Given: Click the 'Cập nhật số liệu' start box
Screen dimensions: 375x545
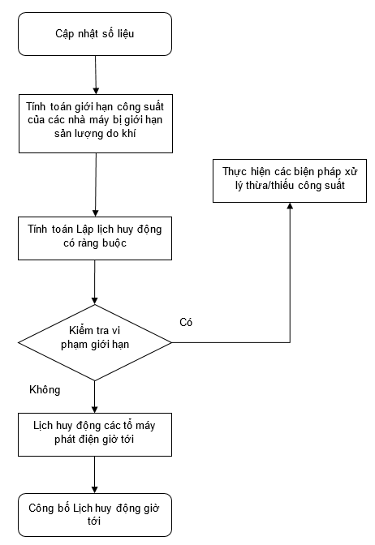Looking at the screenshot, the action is [x=95, y=34].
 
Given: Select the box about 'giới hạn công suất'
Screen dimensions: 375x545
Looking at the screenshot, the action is [x=96, y=123].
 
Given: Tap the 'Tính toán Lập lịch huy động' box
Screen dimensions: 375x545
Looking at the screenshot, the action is [x=95, y=238].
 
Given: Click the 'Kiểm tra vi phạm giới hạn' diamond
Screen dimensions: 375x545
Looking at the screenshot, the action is [x=95, y=343].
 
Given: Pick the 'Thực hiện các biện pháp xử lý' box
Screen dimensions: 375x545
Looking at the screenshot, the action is [x=290, y=181].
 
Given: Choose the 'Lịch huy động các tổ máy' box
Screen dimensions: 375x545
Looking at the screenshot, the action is [x=95, y=435].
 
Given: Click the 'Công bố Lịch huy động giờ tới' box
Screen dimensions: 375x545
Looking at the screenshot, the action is [x=95, y=515].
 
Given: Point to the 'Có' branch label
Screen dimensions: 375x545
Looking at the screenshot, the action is [x=186, y=322].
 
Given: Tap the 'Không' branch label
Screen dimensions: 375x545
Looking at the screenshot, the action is [x=45, y=389].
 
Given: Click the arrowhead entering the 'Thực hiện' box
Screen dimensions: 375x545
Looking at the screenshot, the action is [x=290, y=205].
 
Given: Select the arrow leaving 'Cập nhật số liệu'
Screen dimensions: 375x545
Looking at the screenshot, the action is [x=96, y=75].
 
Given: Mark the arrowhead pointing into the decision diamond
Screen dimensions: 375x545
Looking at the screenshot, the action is [x=95, y=301].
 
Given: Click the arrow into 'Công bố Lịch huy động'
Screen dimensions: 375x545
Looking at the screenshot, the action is [x=95, y=474].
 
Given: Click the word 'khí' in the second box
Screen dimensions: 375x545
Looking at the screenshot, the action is [x=128, y=133].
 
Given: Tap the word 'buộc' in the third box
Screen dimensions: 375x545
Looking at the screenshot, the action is [x=114, y=243].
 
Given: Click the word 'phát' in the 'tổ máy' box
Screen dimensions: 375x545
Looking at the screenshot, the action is [x=64, y=440].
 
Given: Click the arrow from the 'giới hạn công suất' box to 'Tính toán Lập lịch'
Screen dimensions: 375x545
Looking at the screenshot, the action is [x=96, y=185].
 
